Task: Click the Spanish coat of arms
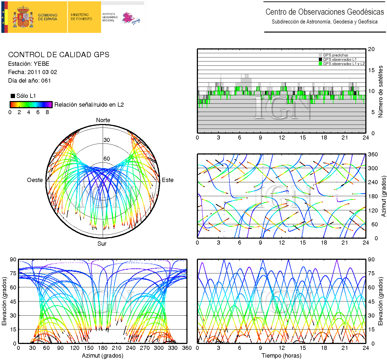(x=23, y=17)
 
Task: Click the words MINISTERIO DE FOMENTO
(x=81, y=17)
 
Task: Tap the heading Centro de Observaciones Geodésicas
(x=324, y=12)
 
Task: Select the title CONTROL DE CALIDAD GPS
(x=59, y=55)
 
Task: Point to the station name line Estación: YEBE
(x=29, y=64)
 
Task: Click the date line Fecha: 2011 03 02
(x=32, y=72)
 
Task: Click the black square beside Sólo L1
(x=13, y=96)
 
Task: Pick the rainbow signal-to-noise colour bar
(x=31, y=104)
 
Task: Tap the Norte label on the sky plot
(x=103, y=120)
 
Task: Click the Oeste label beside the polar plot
(x=35, y=180)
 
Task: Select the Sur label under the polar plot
(x=102, y=244)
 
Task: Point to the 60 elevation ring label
(x=107, y=159)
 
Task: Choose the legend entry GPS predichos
(x=335, y=55)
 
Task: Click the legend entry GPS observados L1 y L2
(x=343, y=64)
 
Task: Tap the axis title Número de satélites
(x=380, y=91)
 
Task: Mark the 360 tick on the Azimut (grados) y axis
(x=373, y=154)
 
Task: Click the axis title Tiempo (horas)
(x=281, y=356)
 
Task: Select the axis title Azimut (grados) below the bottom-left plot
(x=102, y=356)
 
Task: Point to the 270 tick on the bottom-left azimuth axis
(x=145, y=348)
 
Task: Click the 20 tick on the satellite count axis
(x=371, y=49)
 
